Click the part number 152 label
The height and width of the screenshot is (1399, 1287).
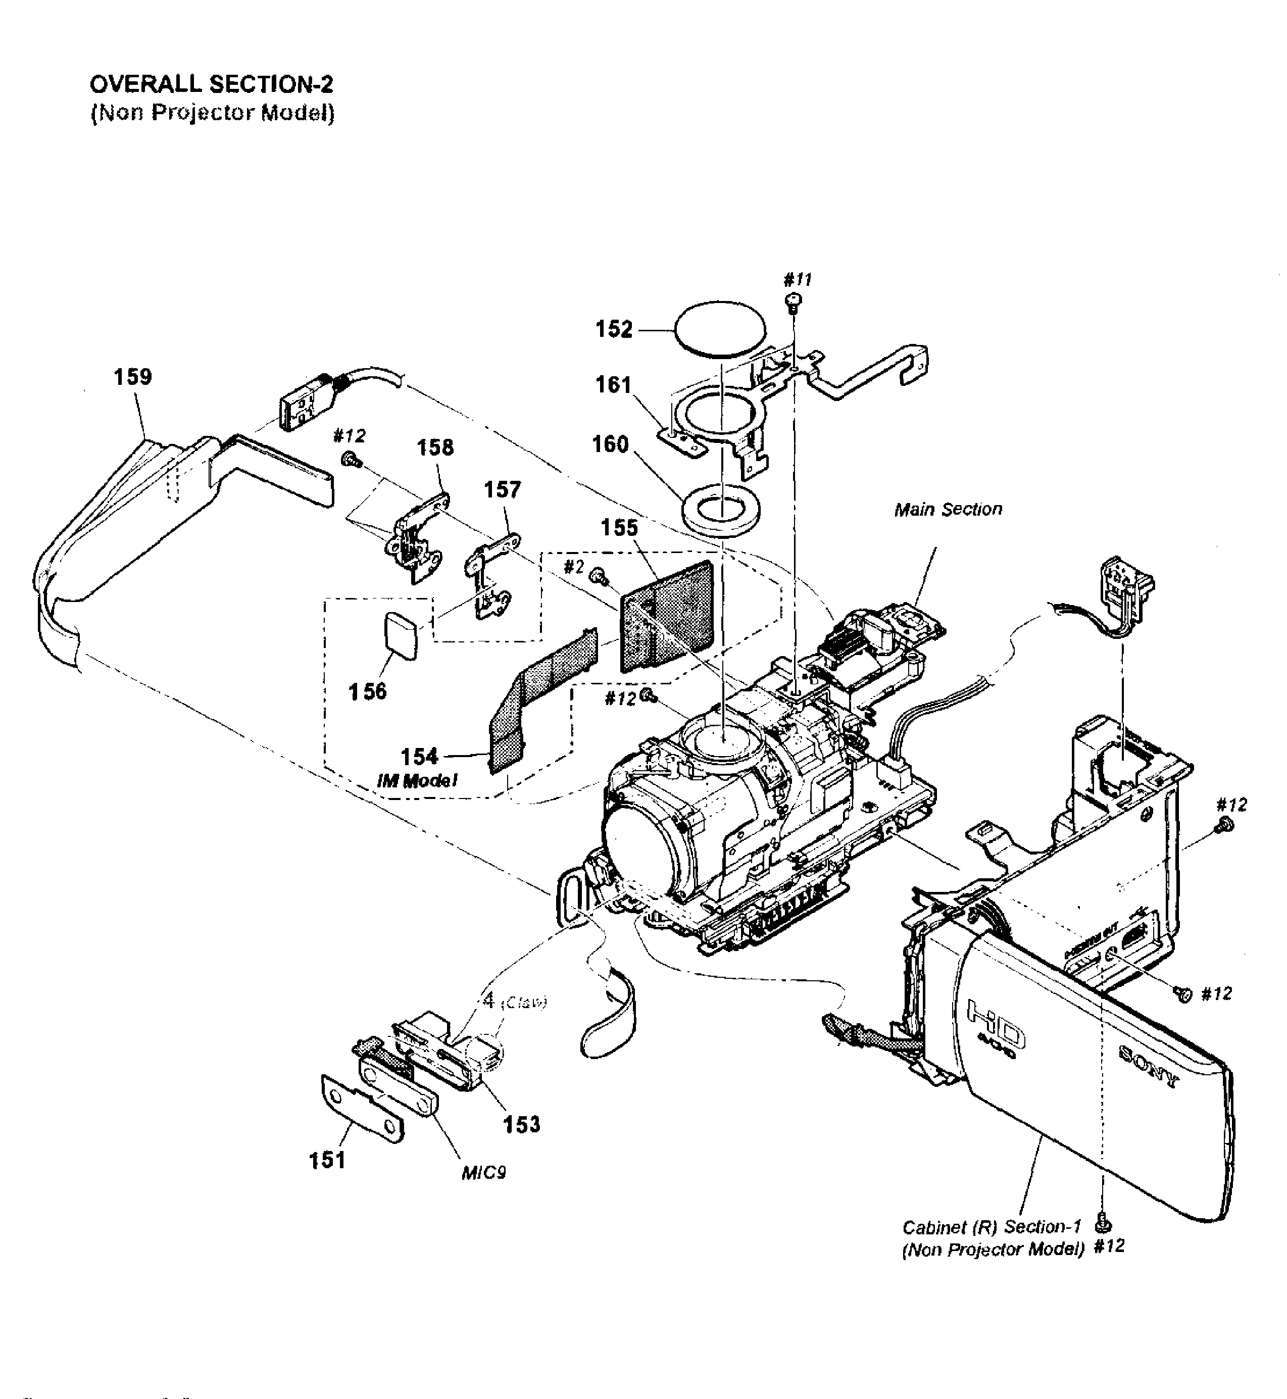[x=614, y=329]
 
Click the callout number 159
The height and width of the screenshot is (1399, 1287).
[x=132, y=377]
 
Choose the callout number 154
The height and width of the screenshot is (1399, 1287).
[x=419, y=756]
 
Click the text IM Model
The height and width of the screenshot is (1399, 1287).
[x=417, y=781]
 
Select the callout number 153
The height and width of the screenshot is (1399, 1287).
[x=522, y=1124]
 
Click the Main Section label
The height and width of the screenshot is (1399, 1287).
[x=948, y=510]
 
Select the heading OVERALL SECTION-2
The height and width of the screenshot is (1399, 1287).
[x=212, y=84]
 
